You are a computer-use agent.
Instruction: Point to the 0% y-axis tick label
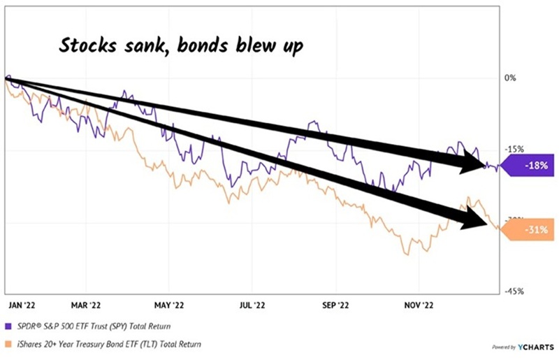(x=509, y=78)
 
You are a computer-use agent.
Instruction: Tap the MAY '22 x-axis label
(x=168, y=305)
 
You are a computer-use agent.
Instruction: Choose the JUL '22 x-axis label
(x=251, y=305)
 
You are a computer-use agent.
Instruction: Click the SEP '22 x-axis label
(x=335, y=305)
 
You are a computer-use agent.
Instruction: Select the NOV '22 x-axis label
(x=418, y=305)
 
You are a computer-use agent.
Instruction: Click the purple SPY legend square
(x=8, y=326)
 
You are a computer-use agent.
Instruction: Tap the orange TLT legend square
(x=8, y=343)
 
